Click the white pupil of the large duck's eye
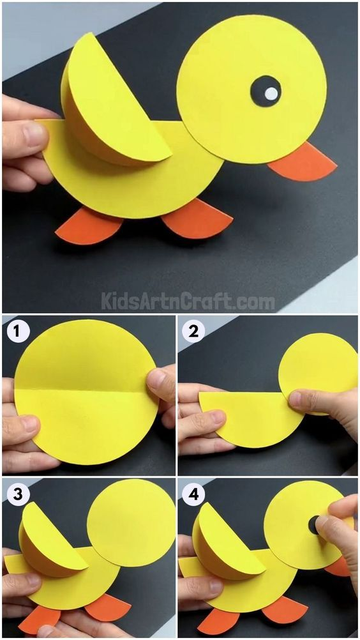click(x=271, y=93)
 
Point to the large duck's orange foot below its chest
click(x=197, y=219)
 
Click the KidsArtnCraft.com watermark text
click(x=188, y=302)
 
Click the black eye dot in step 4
click(x=314, y=524)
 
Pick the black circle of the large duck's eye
click(x=266, y=91)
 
